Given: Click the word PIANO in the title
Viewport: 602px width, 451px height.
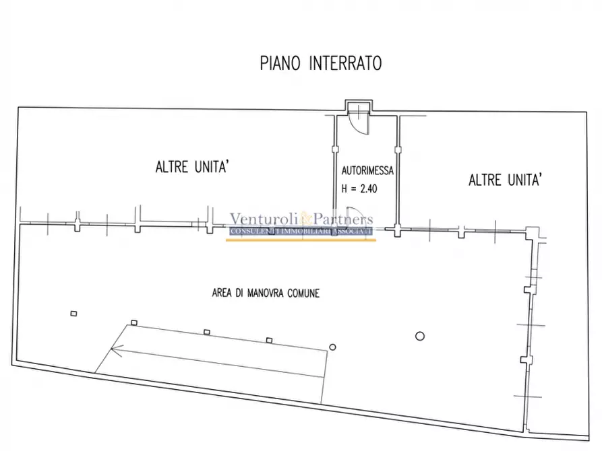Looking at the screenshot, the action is tap(280, 63).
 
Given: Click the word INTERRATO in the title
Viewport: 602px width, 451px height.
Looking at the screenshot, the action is tap(346, 63).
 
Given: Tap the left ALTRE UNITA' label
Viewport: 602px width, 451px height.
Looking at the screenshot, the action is tap(193, 167).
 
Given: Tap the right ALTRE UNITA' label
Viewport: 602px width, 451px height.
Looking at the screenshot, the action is tap(505, 180).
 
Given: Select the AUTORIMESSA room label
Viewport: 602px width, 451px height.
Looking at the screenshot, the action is tap(367, 170).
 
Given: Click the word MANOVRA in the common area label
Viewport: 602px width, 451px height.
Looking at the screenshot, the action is tap(266, 293).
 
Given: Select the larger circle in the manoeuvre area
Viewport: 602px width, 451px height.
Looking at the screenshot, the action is tap(420, 337).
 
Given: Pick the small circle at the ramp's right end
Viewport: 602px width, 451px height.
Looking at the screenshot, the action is tap(332, 347).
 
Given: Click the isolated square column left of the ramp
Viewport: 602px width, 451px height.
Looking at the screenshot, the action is tap(73, 314).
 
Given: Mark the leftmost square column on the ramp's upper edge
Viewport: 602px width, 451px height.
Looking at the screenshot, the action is tap(134, 323).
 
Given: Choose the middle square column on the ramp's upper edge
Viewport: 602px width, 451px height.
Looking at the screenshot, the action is tap(207, 332).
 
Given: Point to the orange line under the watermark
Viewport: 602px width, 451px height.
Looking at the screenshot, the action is tap(301, 240).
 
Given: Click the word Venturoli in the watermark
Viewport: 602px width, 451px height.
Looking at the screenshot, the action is tap(264, 219).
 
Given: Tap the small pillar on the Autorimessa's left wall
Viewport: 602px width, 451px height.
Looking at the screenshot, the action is tap(335, 149).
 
